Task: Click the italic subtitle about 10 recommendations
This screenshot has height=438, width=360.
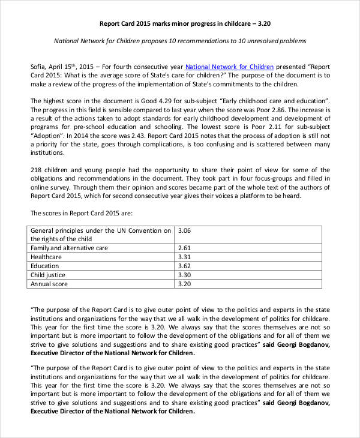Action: pyautogui.click(x=180, y=41)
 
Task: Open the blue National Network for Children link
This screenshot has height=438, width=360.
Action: pyautogui.click(x=229, y=67)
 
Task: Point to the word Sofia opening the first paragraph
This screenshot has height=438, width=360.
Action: pyautogui.click(x=39, y=67)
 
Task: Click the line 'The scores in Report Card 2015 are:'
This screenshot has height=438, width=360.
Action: pyautogui.click(x=81, y=213)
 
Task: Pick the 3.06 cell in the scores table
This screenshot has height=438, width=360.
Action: pyautogui.click(x=185, y=230)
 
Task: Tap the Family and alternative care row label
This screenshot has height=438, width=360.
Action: pyautogui.click(x=69, y=248)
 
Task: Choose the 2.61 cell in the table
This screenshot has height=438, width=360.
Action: pyautogui.click(x=185, y=248)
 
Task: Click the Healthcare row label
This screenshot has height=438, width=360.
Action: pyautogui.click(x=46, y=257)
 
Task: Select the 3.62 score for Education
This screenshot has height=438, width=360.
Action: pyautogui.click(x=185, y=266)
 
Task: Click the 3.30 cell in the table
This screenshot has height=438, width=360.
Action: pyautogui.click(x=185, y=275)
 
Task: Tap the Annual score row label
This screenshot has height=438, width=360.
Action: pyautogui.click(x=49, y=284)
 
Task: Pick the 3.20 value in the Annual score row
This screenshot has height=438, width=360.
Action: pyautogui.click(x=185, y=284)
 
